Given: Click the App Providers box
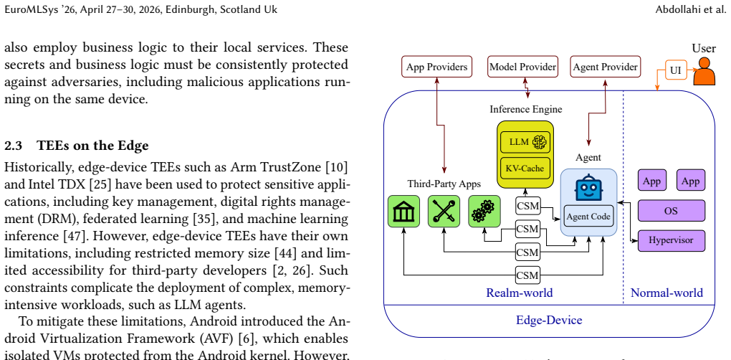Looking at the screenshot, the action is [x=437, y=67].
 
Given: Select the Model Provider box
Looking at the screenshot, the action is [x=522, y=67].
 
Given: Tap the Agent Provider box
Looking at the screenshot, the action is [x=605, y=67].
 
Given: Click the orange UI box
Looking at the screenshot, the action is [x=676, y=70].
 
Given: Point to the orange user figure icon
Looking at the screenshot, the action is [x=704, y=71].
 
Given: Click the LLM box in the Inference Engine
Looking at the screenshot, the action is [x=525, y=142].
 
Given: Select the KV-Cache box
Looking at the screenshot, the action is [x=525, y=169].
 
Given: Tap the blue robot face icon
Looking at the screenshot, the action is [x=588, y=187].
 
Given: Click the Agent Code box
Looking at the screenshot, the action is [x=588, y=217].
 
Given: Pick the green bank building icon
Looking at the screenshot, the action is [x=403, y=212].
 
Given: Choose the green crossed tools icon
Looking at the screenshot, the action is [x=444, y=212].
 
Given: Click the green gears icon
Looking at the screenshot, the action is [x=484, y=212].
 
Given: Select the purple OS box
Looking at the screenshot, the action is [x=672, y=211].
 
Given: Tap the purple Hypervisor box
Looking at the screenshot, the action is [x=672, y=241].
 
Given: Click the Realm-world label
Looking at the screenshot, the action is [x=520, y=293].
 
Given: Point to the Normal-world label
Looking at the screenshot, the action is [x=666, y=293].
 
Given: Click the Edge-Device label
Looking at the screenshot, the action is [x=549, y=321].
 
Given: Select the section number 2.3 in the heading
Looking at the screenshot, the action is [x=13, y=146].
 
